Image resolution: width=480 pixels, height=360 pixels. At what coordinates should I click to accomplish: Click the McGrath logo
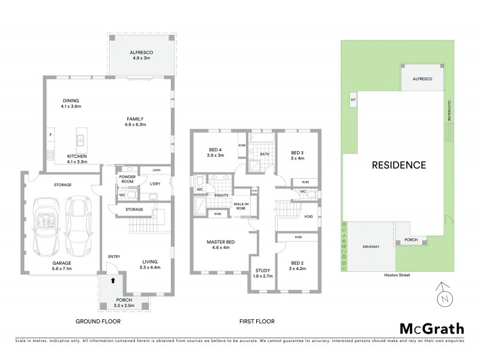(431, 328)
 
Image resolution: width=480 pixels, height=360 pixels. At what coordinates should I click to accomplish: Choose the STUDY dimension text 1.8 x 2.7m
(263, 276)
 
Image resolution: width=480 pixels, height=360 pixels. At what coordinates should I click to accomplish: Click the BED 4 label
(215, 150)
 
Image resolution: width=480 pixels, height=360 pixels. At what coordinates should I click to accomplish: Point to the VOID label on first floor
(308, 217)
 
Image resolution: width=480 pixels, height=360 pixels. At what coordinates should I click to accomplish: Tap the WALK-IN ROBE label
(243, 205)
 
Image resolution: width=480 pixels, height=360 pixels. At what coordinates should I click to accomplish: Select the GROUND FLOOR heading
(98, 322)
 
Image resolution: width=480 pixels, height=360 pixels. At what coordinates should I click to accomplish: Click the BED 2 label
(299, 265)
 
